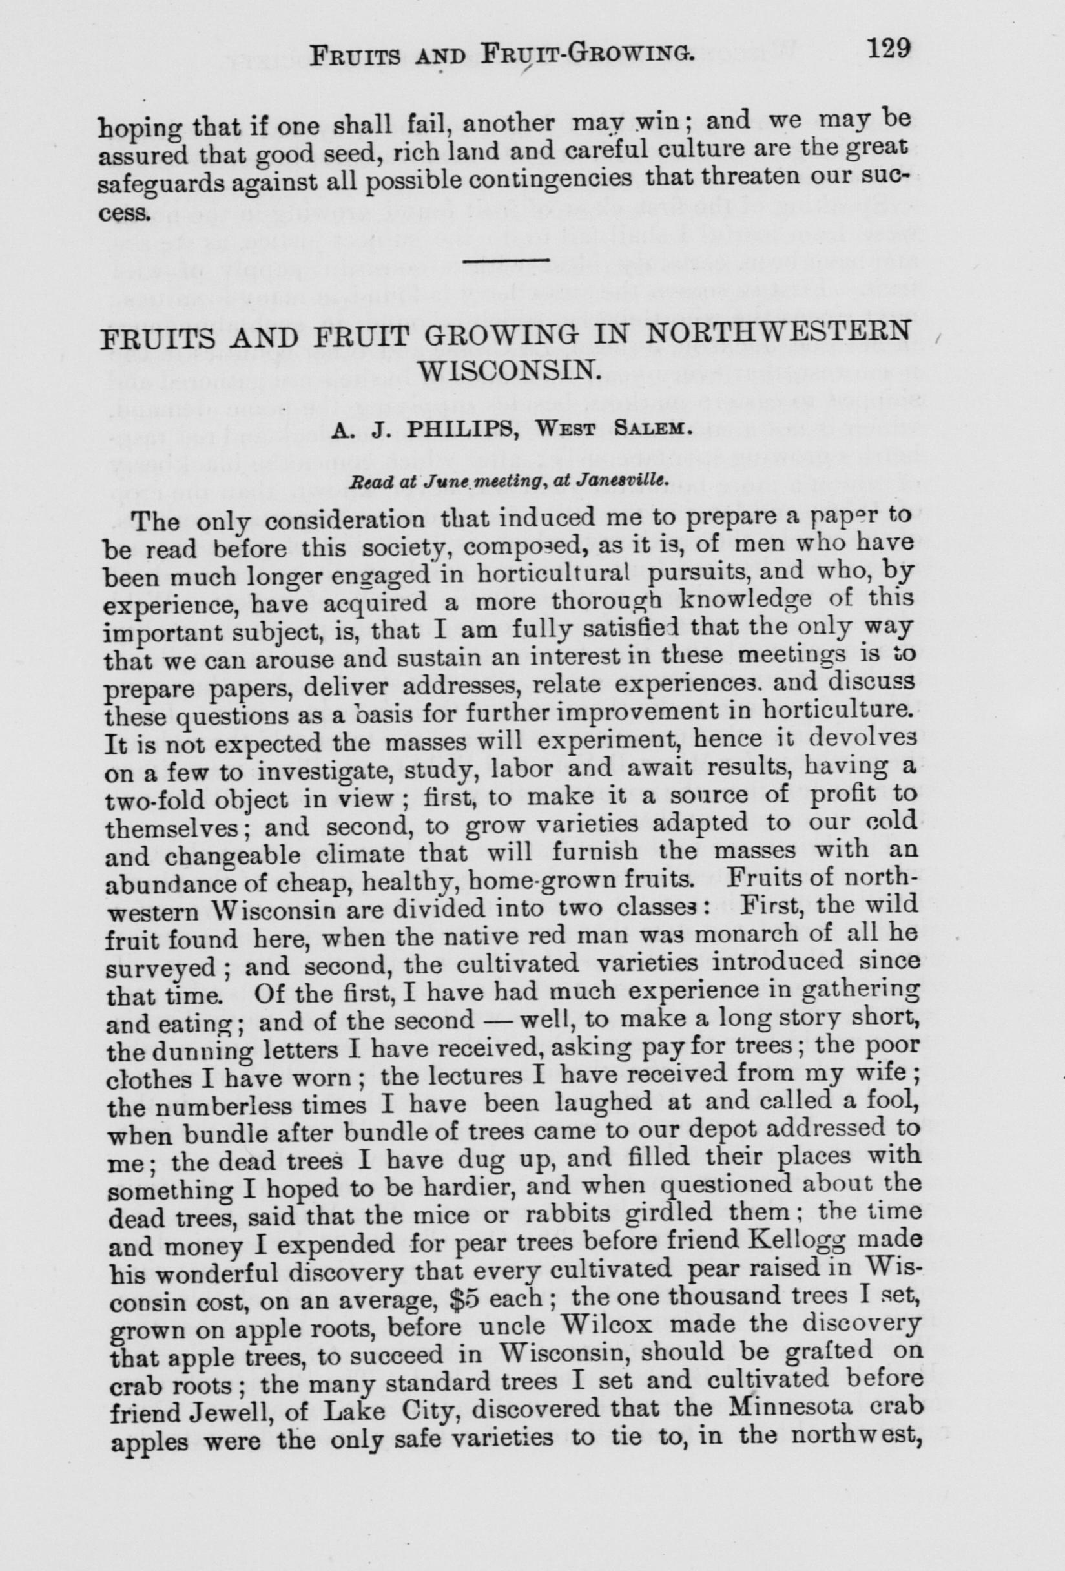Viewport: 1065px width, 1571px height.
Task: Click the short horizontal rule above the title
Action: click(508, 260)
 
